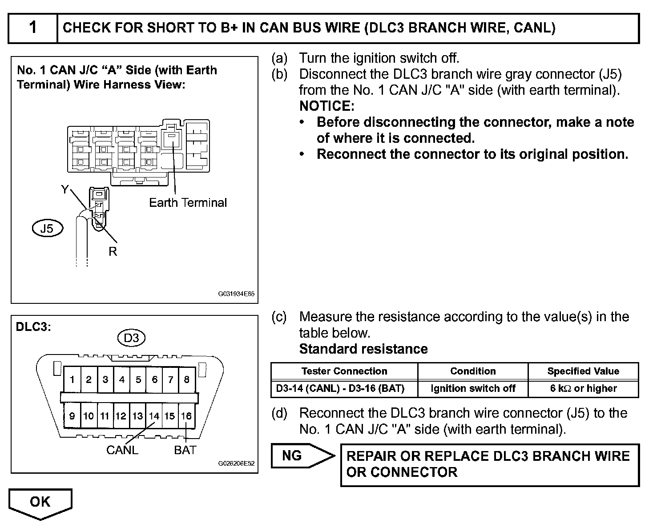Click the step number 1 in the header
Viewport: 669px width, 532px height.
click(x=33, y=28)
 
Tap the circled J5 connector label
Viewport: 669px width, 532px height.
click(x=47, y=229)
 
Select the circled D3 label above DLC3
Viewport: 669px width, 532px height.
click(x=131, y=338)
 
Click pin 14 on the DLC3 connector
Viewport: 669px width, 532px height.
click(x=154, y=416)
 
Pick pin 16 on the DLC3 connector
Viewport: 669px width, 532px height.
click(x=186, y=416)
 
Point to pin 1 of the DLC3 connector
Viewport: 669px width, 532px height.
click(x=72, y=379)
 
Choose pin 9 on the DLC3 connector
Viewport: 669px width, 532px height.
click(x=72, y=416)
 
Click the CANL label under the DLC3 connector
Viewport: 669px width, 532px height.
click(x=122, y=450)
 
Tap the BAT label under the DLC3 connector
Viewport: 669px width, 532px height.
click(x=185, y=450)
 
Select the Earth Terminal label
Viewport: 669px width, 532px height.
click(x=188, y=203)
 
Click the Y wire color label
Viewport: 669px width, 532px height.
click(x=65, y=190)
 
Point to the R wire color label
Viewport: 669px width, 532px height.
click(x=113, y=252)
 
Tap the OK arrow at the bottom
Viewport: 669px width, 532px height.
click(x=40, y=503)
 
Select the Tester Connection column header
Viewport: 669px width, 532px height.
click(x=344, y=371)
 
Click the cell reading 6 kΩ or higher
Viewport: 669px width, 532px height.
click(x=583, y=388)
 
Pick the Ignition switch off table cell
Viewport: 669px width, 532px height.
click(x=473, y=388)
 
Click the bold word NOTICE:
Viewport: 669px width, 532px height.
click(x=327, y=106)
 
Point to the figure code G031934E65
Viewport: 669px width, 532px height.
click(x=236, y=294)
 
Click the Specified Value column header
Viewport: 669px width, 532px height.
click(x=583, y=371)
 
